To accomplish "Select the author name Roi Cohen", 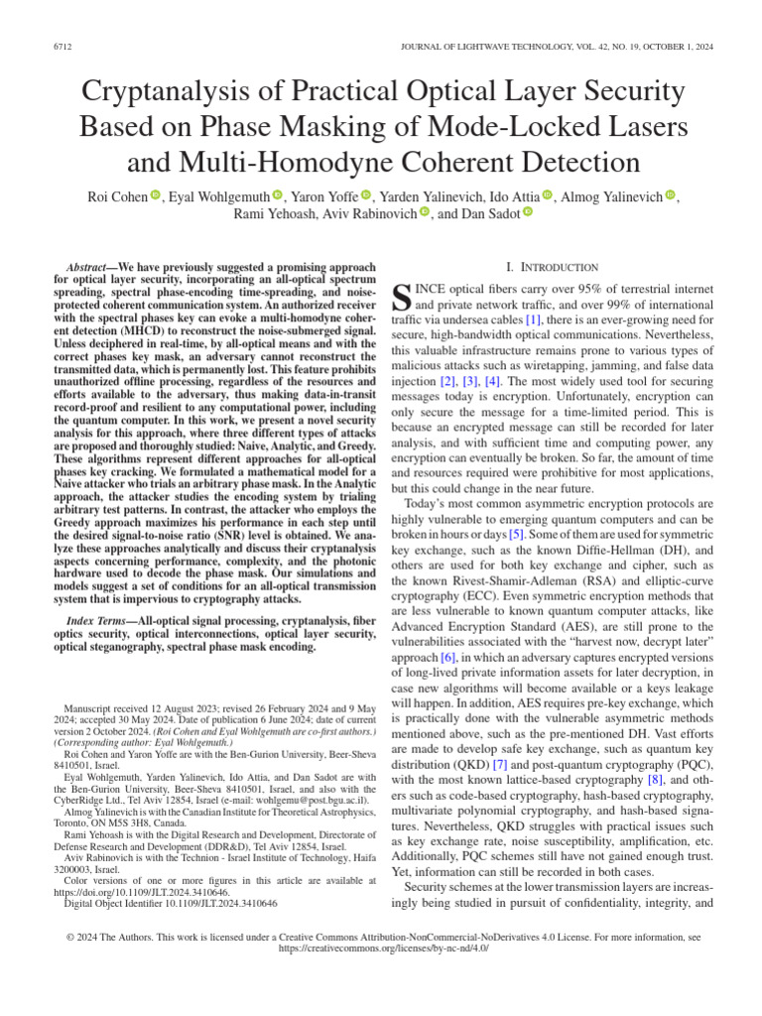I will coord(114,196).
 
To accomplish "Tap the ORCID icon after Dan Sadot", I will coord(527,213).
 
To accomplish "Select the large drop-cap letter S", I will coord(402,296).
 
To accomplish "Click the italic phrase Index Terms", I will coord(100,620).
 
